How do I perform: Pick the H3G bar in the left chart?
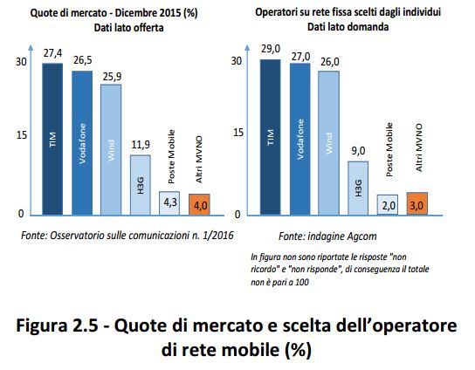coord(141,183)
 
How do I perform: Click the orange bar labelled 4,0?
coord(199,204)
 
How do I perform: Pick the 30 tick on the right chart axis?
coord(236,61)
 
